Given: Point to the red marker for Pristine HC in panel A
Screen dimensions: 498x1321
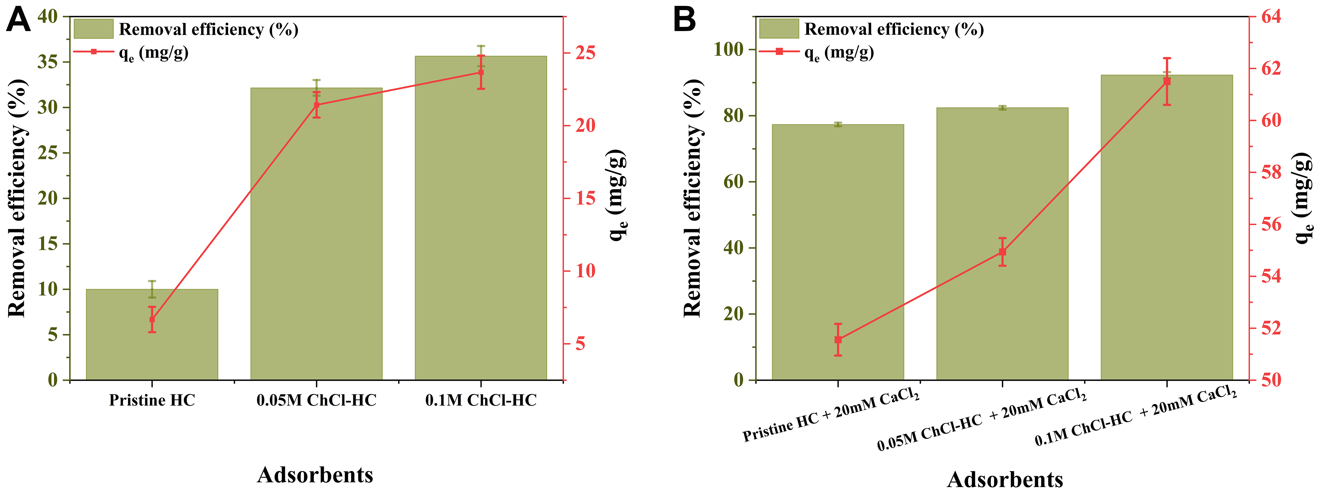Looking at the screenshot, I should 152,319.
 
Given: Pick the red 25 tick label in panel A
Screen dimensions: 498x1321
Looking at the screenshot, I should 585,53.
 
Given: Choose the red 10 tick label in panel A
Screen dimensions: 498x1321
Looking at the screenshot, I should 585,271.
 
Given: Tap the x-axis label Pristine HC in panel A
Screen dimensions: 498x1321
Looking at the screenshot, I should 152,400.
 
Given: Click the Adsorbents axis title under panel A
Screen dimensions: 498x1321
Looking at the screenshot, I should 315,475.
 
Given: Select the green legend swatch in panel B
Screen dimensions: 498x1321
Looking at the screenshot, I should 779,29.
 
